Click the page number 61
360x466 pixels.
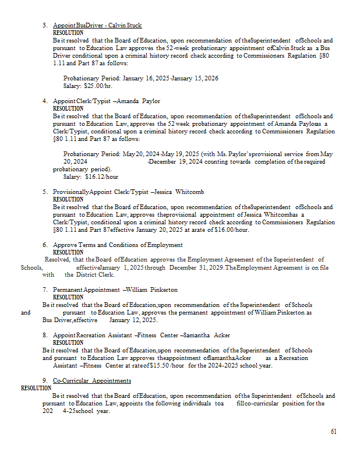tap(333, 432)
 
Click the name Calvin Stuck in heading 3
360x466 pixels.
tap(126, 26)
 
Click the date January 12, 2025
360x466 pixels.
tap(133, 320)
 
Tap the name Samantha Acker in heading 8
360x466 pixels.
tap(214, 336)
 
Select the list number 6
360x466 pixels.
tap(45, 245)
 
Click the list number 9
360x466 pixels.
tap(45, 380)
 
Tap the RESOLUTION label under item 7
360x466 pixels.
tap(68, 297)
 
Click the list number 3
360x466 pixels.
tap(45, 26)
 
